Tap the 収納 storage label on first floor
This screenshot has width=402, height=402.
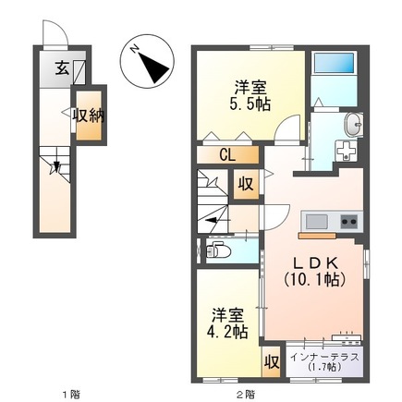(88, 115)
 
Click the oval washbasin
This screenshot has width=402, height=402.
(352, 127)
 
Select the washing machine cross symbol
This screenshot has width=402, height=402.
(348, 151)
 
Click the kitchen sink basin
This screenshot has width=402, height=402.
(317, 221)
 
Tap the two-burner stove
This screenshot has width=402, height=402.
(349, 221)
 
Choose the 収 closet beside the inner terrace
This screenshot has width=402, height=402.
(272, 361)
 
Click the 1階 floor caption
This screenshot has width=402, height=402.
(70, 395)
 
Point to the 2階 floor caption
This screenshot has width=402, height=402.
(243, 395)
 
